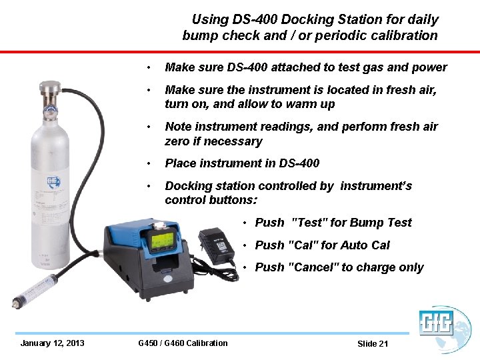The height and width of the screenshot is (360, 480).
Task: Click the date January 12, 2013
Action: pyautogui.click(x=52, y=343)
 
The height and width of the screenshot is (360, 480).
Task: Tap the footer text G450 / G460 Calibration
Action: pyautogui.click(x=183, y=343)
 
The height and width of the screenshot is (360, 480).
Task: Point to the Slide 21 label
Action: pyautogui.click(x=372, y=344)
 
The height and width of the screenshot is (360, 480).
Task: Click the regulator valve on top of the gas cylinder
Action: pyautogui.click(x=47, y=93)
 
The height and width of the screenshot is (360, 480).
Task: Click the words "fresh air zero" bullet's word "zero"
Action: pyautogui.click(x=179, y=141)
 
